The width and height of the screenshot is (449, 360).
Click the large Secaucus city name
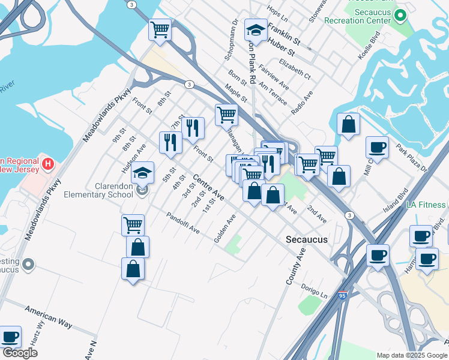click(x=307, y=239)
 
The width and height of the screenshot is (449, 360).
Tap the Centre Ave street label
click(x=209, y=188)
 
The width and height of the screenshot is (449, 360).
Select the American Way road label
click(x=48, y=316)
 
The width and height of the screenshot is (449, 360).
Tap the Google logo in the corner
click(x=20, y=353)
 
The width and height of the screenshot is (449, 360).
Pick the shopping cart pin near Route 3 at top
click(x=160, y=29)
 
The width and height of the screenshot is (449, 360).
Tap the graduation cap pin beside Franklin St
click(x=256, y=32)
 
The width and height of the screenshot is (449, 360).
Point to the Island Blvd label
click(x=396, y=200)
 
